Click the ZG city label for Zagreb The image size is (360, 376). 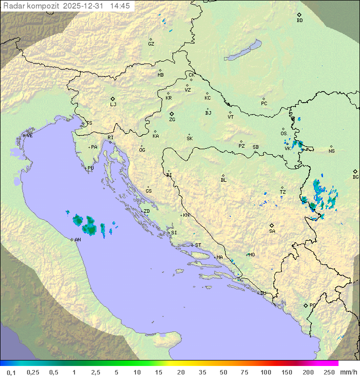tap(172, 120)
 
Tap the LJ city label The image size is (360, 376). tap(113, 104)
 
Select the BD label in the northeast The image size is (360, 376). tap(299, 21)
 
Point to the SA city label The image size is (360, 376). tap(272, 231)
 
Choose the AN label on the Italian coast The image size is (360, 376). tap(77, 240)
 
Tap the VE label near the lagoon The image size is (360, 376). tap(29, 136)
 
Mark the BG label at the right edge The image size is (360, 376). tap(355, 177)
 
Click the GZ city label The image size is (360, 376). tap(151, 44)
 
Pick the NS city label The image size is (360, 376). tap(331, 151)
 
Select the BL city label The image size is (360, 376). tap(223, 180)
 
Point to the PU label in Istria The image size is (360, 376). tap(90, 168)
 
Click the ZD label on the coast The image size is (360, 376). tap(146, 211)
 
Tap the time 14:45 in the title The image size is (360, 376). tap(121, 6)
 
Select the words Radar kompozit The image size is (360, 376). tap(31, 6)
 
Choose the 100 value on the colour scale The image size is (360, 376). tap(265, 372)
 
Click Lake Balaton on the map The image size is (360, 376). tap(242, 50)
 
